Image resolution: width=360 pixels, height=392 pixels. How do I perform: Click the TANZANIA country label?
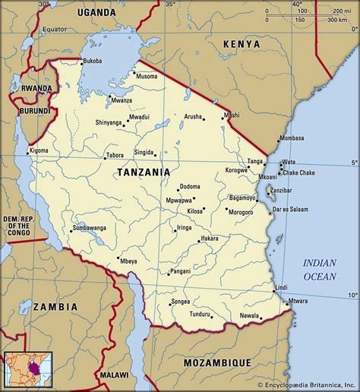pyautogui.click(x=144, y=172)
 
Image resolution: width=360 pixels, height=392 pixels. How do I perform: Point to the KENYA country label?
pyautogui.click(x=241, y=46)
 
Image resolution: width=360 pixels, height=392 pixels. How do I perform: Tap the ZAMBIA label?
pyautogui.click(x=56, y=306)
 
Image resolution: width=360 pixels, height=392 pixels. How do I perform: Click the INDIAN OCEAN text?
pyautogui.click(x=320, y=270)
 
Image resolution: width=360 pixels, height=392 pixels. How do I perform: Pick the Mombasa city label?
pyautogui.click(x=292, y=139)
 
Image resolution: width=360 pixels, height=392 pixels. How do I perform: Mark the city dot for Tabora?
pyautogui.click(x=105, y=158)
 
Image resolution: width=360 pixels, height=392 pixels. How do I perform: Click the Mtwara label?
pyautogui.click(x=298, y=301)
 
